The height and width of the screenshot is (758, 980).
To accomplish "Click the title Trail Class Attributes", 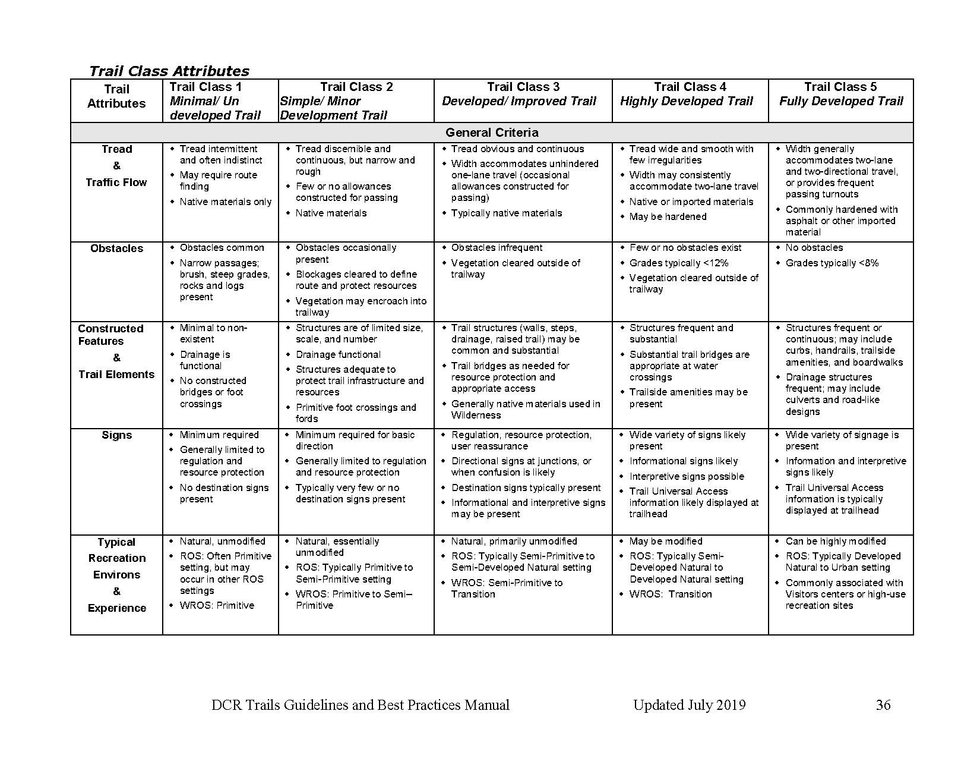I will pyautogui.click(x=169, y=71).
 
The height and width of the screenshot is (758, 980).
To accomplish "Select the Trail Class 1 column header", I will pyautogui.click(x=206, y=87).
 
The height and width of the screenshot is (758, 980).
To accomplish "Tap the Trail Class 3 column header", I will pyautogui.click(x=523, y=87).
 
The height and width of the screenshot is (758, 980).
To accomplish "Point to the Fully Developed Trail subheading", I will pyautogui.click(x=840, y=101).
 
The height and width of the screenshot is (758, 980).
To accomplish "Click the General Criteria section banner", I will pyautogui.click(x=492, y=133).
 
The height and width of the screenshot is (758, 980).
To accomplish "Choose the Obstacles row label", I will pyautogui.click(x=116, y=249).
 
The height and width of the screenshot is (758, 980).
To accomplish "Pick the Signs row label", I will pyautogui.click(x=116, y=435).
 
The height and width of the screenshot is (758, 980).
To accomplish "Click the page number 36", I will pyautogui.click(x=883, y=705).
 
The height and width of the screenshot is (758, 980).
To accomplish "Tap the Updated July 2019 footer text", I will pyautogui.click(x=689, y=705).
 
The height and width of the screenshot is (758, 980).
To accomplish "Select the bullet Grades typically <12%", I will pyautogui.click(x=678, y=263).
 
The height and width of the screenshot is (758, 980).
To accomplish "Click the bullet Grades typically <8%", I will pyautogui.click(x=832, y=263).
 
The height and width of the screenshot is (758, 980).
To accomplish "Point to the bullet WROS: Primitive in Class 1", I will pyautogui.click(x=217, y=605).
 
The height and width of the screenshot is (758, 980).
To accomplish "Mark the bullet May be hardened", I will pyautogui.click(x=668, y=216).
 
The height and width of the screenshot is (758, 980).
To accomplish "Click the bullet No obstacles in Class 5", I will pyautogui.click(x=814, y=247).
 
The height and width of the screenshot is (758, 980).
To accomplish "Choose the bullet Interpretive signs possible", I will pyautogui.click(x=687, y=476).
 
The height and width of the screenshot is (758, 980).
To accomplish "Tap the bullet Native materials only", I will pyautogui.click(x=225, y=202).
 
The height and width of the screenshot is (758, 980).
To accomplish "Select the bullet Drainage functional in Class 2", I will pyautogui.click(x=338, y=354).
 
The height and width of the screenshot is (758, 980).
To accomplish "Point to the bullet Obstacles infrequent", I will pyautogui.click(x=497, y=247).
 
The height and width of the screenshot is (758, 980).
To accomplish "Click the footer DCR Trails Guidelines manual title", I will pyautogui.click(x=360, y=705).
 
